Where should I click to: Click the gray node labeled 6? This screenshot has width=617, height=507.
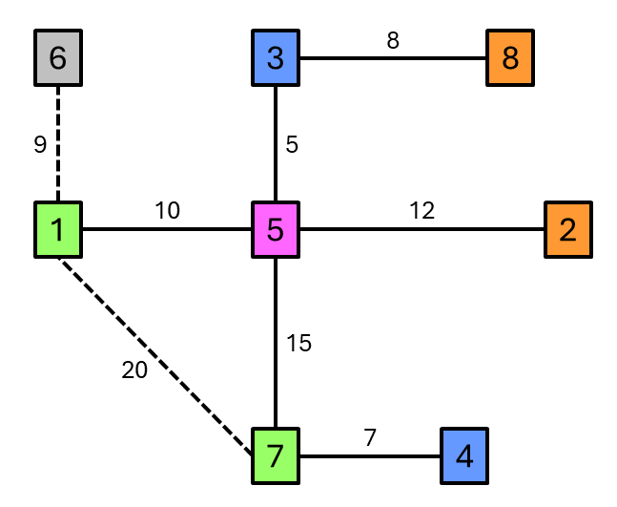57,57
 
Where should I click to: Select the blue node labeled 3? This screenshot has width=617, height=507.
276,57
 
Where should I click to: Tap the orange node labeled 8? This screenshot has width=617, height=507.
509,57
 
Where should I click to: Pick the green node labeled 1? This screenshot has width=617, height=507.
57,230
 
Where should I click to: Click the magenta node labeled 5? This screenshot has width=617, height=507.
276,230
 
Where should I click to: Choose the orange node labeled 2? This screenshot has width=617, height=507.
568,230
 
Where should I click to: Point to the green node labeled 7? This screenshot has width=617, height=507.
276,455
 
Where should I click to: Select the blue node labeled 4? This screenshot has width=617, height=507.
464,455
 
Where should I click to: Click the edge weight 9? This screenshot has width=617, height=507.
39,144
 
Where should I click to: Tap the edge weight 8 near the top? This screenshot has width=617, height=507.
393,40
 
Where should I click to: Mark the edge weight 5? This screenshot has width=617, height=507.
292,144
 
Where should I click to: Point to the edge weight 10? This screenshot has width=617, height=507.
167,211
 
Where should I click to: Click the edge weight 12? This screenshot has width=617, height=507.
422,211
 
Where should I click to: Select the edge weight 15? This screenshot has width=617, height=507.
298,343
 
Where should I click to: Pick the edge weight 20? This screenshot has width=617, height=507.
134,371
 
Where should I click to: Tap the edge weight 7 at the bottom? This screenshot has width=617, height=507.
370,437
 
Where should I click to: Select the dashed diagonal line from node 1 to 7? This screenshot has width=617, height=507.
162,358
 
